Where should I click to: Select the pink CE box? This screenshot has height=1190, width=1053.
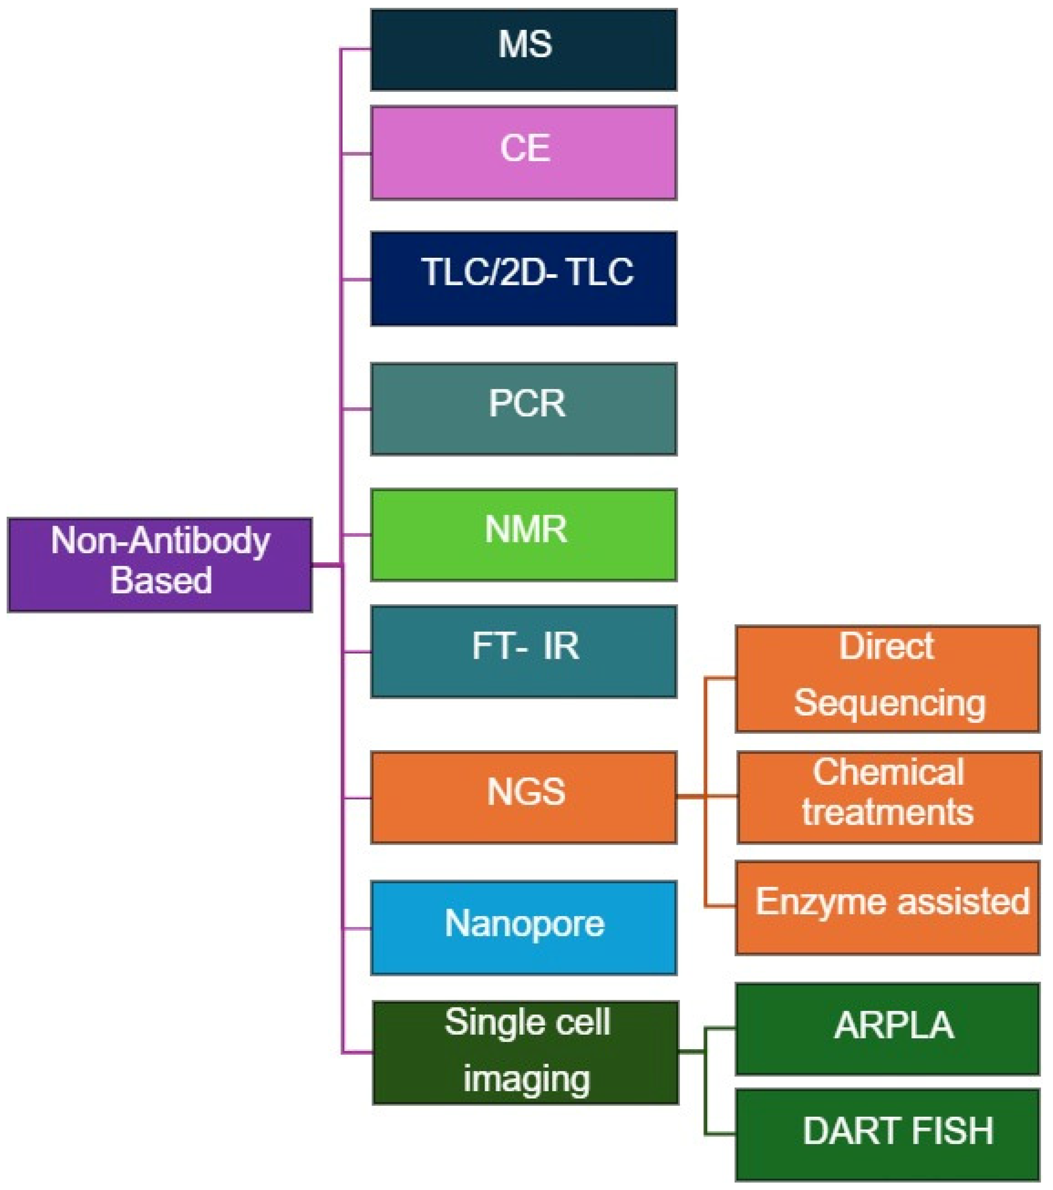[523, 153]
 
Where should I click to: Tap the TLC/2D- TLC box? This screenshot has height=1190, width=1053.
[523, 278]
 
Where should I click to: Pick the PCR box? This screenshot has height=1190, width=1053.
[523, 409]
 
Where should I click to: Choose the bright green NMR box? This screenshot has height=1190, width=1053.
[523, 534]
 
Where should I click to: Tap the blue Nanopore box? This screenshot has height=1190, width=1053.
[523, 928]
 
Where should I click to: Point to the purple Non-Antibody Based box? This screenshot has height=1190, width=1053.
[160, 564]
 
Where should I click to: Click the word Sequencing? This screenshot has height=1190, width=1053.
[889, 703]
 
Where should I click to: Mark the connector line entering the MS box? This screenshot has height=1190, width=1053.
[356, 49]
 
